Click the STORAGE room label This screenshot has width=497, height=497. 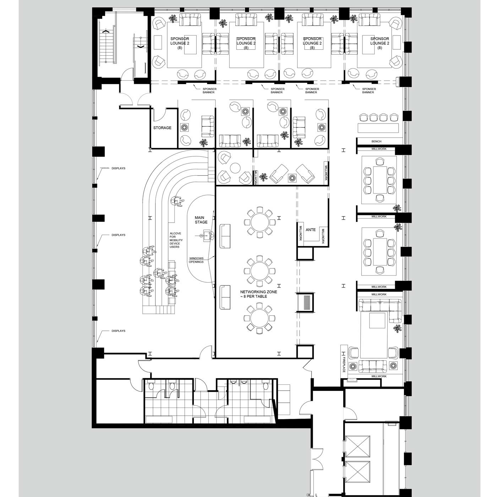point(162,128)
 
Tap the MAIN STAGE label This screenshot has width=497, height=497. point(201,220)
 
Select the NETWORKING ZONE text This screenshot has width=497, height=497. point(258,292)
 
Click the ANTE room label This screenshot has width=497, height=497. point(311,230)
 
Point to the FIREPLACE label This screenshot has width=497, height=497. point(344,365)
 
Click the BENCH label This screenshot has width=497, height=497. point(376,141)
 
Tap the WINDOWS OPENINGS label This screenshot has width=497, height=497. point(196,260)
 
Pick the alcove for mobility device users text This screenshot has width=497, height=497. point(176,240)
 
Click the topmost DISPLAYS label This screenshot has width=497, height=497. point(118,168)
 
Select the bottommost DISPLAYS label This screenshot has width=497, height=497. point(118,331)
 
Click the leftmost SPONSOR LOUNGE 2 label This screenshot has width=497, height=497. point(180,43)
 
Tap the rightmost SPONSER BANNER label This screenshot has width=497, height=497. point(368,91)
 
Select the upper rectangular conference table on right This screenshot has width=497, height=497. point(379,180)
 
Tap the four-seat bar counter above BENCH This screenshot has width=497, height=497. point(378,128)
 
